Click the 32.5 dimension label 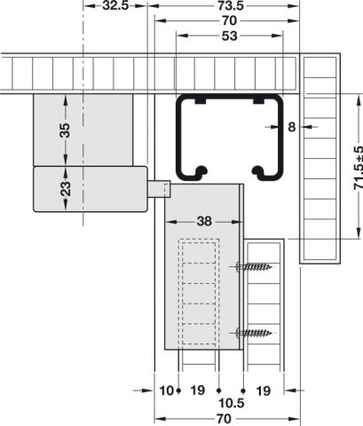pyautogui.click(x=115, y=5)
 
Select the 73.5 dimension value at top pyautogui.click(x=231, y=5)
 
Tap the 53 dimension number pyautogui.click(x=229, y=35)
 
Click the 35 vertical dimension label pyautogui.click(x=66, y=130)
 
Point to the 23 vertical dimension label pyautogui.click(x=66, y=188)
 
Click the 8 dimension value pyautogui.click(x=292, y=127)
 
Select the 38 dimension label pyautogui.click(x=204, y=221)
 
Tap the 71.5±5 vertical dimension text pyautogui.click(x=358, y=167)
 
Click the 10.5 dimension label pyautogui.click(x=232, y=403)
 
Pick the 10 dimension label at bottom pyautogui.click(x=167, y=390)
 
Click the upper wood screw pyautogui.click(x=254, y=267)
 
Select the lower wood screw pyautogui.click(x=254, y=333)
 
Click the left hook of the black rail pyautogui.click(x=199, y=172)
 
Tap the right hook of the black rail pyautogui.click(x=260, y=172)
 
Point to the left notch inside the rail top pyautogui.click(x=201, y=101)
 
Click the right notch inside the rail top pyautogui.click(x=258, y=101)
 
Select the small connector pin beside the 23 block pyautogui.click(x=159, y=189)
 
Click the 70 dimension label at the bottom pyautogui.click(x=224, y=419)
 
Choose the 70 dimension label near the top pyautogui.click(x=229, y=20)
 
